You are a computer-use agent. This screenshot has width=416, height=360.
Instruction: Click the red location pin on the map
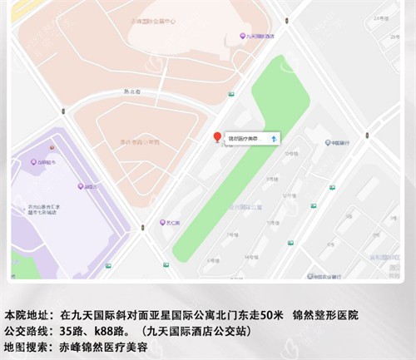(x=217, y=137)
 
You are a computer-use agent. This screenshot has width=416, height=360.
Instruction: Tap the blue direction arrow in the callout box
(x=275, y=138)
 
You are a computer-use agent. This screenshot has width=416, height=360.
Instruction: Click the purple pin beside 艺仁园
(x=163, y=223)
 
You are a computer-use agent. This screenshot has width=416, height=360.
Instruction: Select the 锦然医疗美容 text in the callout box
(x=245, y=139)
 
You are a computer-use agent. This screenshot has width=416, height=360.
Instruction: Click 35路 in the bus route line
(x=74, y=330)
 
